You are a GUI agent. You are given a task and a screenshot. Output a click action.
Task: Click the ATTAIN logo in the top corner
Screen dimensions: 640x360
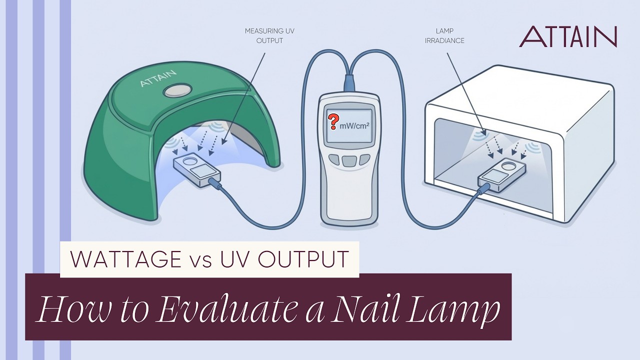(x=568, y=36)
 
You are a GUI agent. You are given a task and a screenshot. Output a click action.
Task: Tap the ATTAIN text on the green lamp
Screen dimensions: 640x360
(x=158, y=78)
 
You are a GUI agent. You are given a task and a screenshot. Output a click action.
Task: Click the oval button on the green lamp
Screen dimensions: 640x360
(x=177, y=90)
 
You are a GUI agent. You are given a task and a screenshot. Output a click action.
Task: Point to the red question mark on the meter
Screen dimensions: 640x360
(x=333, y=121)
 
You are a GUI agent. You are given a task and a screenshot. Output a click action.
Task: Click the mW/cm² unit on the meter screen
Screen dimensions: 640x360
(x=354, y=125)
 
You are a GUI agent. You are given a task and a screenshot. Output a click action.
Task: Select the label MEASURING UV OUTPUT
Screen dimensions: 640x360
(x=269, y=35)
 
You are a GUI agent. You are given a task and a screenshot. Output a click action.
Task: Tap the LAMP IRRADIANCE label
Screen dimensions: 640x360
(x=444, y=35)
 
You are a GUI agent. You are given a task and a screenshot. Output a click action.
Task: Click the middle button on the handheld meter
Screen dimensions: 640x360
(x=349, y=160)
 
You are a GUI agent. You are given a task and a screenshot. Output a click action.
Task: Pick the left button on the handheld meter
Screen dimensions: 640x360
(x=334, y=159)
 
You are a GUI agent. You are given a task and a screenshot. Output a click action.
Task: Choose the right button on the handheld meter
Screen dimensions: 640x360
(x=364, y=159)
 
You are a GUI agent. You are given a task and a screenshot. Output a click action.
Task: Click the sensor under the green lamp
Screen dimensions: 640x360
(x=197, y=169)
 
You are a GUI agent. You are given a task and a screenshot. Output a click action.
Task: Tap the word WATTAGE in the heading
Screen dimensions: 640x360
(x=125, y=259)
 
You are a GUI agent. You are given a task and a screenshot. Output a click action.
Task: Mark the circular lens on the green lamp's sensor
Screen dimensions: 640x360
(x=189, y=161)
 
